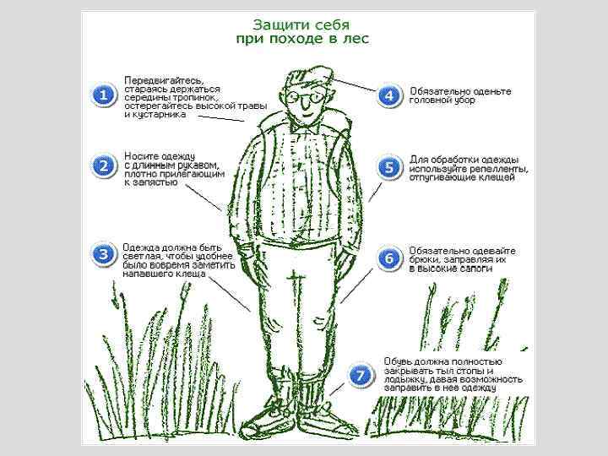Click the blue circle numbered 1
pos(104,95)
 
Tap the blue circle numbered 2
pos(104,166)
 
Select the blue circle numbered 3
pos(104,254)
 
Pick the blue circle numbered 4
pos(389,95)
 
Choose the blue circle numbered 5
pos(389,167)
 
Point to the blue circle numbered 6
pos(389,258)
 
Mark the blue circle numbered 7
pos(361,375)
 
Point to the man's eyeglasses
pos(306,96)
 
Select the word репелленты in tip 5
pos(499,169)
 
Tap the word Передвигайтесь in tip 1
pos(164,81)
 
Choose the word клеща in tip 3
pos(191,274)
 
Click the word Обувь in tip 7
pos(397,361)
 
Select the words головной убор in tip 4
pos(442,100)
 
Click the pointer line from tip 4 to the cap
pos(354,84)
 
